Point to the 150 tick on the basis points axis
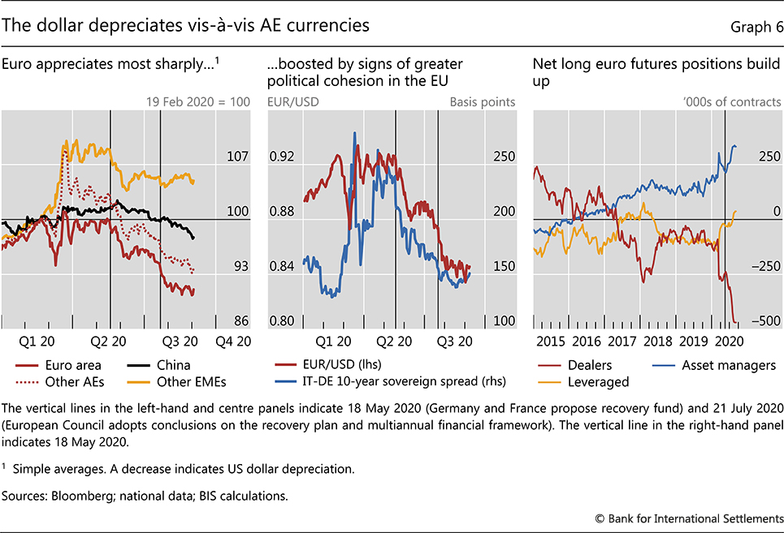(x=504, y=266)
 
